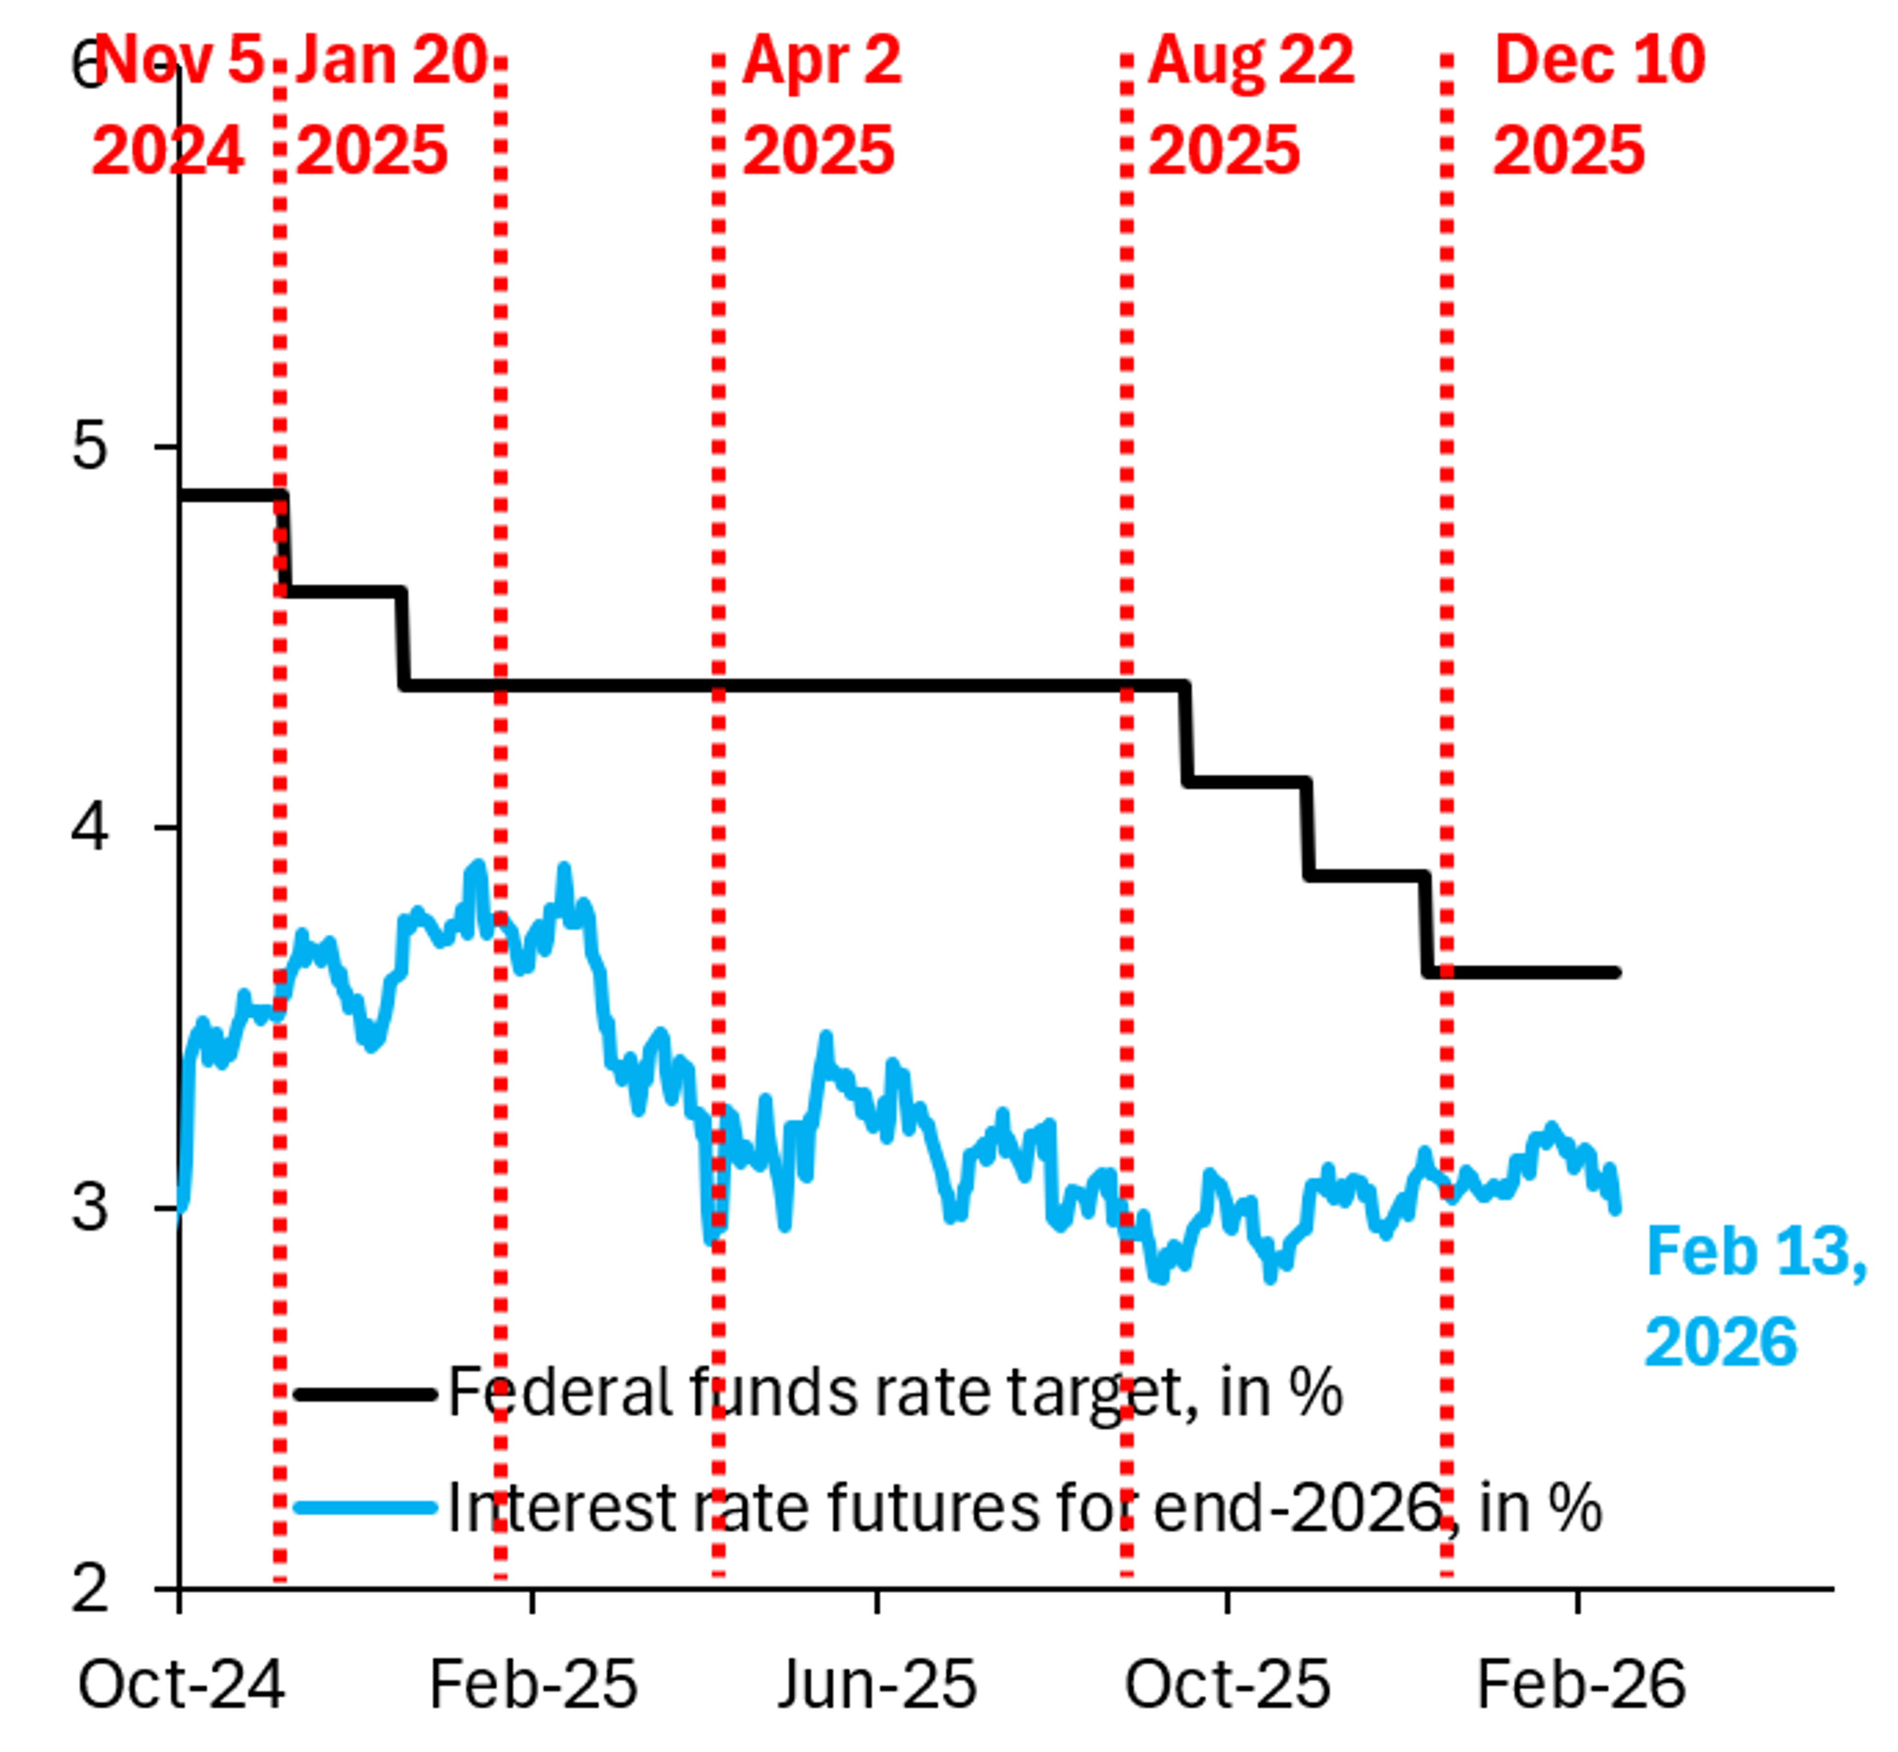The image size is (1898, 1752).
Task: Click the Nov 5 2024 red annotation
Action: coord(175,104)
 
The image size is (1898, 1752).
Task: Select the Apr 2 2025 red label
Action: coord(821,104)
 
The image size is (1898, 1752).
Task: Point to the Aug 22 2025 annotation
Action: coord(1250,104)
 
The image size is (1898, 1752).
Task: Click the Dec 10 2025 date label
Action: coord(1598,104)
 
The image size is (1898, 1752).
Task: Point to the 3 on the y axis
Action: coord(90,1207)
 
